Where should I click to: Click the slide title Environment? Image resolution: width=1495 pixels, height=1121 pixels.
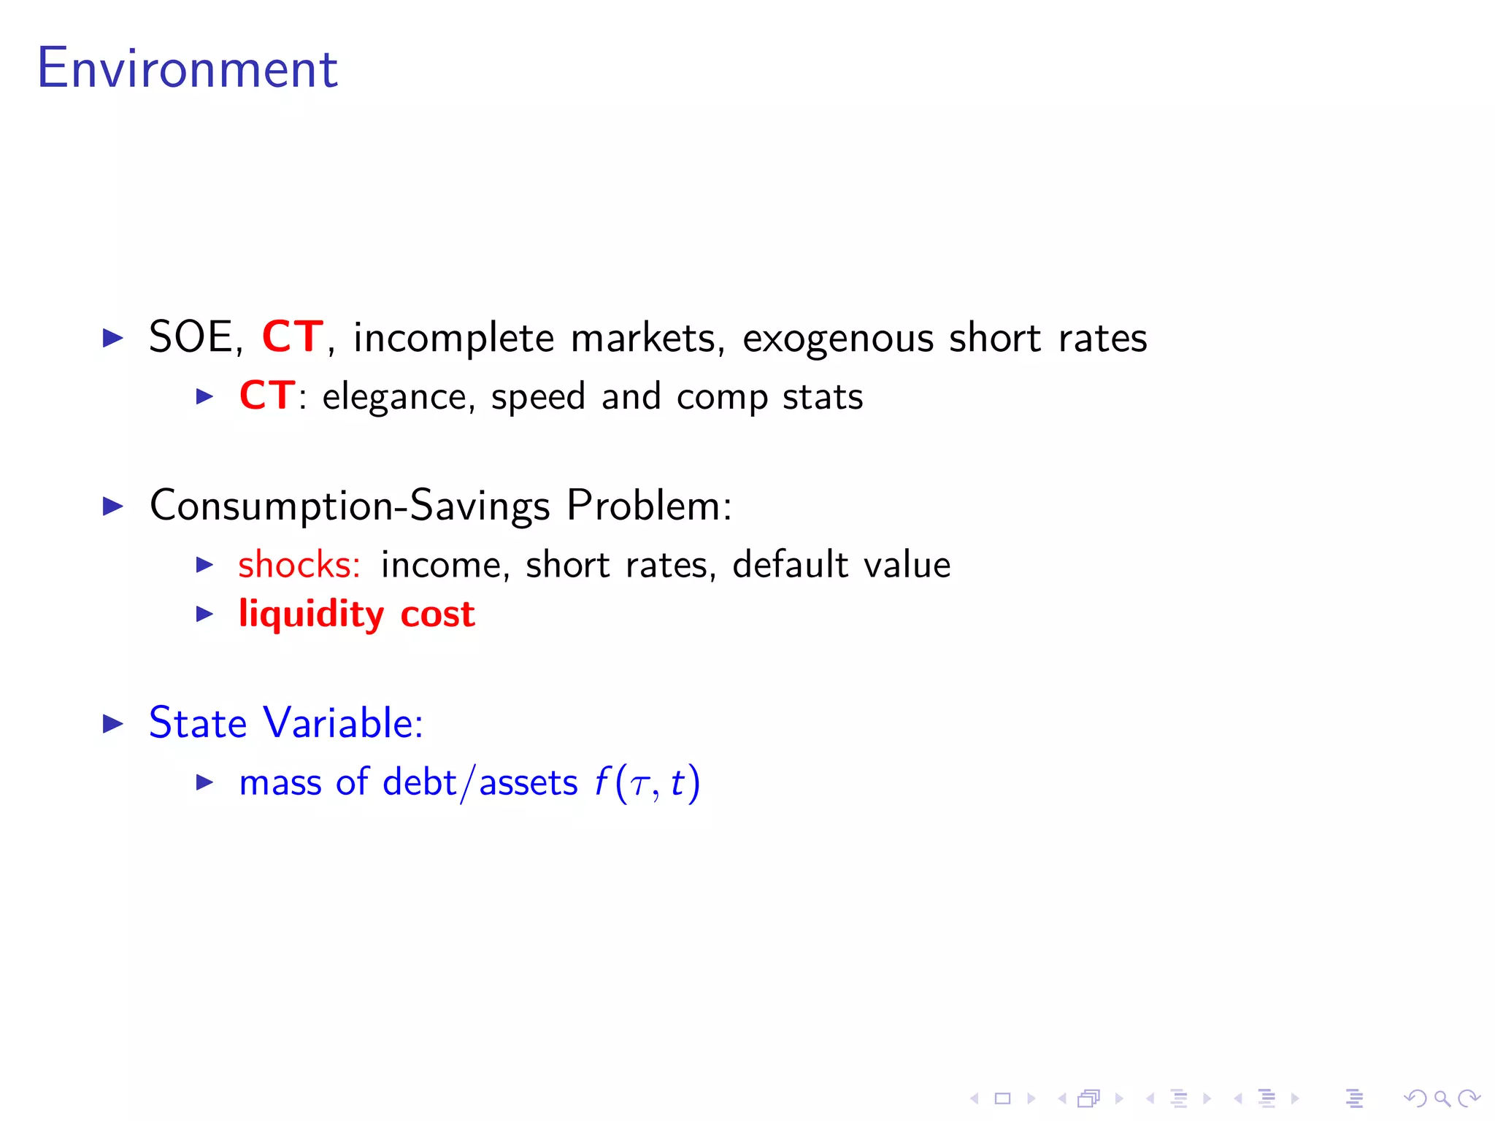coord(187,69)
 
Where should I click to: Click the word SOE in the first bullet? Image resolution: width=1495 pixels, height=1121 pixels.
coord(191,337)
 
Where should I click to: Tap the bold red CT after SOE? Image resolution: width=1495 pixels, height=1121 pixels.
coord(292,337)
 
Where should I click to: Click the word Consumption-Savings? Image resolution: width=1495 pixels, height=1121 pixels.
coord(350,506)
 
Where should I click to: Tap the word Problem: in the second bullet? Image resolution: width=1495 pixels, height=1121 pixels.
coord(649,506)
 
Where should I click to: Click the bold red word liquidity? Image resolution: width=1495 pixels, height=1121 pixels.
coord(311,615)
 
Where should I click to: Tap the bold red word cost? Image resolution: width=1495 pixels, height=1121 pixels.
coord(437,615)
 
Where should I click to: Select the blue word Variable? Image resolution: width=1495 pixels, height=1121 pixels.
coord(343,723)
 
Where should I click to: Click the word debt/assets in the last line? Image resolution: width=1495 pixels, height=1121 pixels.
coord(480,783)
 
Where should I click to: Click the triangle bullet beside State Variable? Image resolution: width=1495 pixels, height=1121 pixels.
coord(113,724)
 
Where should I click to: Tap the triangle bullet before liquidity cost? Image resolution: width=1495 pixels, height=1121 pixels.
coord(205,615)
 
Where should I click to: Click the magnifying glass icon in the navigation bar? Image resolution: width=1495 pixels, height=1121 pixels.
coord(1442,1098)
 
